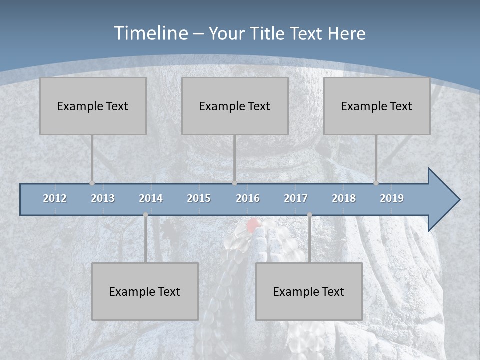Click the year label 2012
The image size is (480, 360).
coord(55,198)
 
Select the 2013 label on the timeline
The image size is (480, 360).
coord(103,198)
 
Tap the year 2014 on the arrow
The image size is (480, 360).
coord(151,198)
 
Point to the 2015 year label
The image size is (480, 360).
coord(199,198)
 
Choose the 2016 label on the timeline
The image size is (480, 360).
coord(248,198)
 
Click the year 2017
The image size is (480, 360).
coord(296,198)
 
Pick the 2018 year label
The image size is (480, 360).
coord(344,198)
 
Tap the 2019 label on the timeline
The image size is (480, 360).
coord(392,198)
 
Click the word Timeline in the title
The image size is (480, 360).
coord(150,33)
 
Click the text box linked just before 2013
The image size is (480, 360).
coord(93,106)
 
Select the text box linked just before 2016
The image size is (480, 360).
coord(235,106)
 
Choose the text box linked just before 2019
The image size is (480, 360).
coord(377,106)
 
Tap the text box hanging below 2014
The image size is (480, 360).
coord(145,291)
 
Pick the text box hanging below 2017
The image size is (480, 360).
coord(309,291)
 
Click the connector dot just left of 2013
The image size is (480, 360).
coord(92,183)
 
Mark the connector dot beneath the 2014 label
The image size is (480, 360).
coord(145,215)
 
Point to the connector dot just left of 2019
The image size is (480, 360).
coord(376,183)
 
